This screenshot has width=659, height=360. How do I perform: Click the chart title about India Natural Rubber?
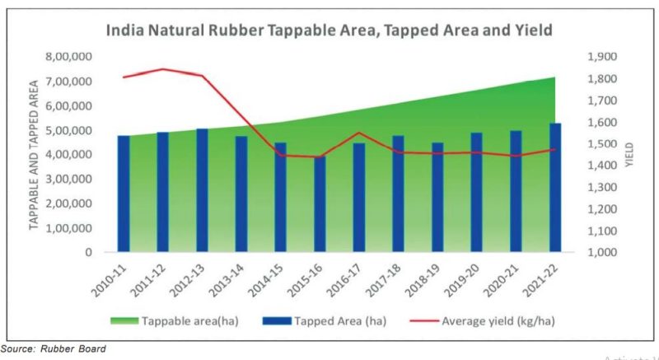(327, 31)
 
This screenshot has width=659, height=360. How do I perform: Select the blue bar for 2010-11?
(124, 194)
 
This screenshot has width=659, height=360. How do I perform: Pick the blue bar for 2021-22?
(555, 188)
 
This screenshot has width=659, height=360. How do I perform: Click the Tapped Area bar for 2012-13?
(202, 190)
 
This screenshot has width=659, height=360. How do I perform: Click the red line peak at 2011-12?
(162, 69)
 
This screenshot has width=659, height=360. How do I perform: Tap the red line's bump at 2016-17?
(359, 133)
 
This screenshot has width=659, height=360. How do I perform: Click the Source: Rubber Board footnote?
(54, 348)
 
